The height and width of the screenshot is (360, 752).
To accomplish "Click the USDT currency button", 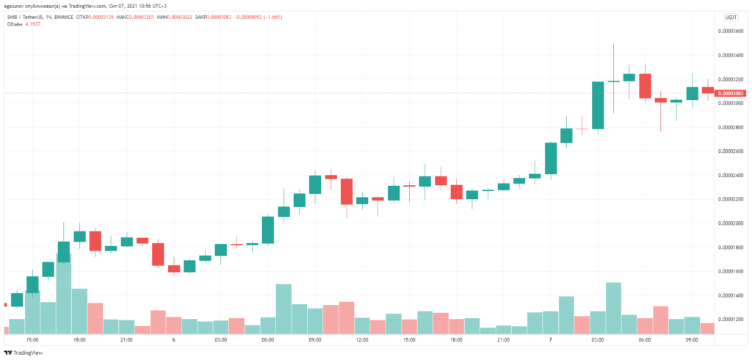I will pyautogui.click(x=731, y=16).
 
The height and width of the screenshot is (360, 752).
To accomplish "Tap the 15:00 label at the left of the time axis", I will pyautogui.click(x=32, y=340).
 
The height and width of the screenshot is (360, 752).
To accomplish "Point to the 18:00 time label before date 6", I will pyautogui.click(x=79, y=340).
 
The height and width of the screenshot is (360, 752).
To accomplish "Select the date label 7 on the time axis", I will pyautogui.click(x=551, y=340).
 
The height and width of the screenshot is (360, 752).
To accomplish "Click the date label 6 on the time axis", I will pyautogui.click(x=173, y=340).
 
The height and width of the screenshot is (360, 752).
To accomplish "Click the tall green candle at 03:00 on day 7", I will pyautogui.click(x=598, y=106).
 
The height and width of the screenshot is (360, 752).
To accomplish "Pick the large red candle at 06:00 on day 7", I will pyautogui.click(x=645, y=85).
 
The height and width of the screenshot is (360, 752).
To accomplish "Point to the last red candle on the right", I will pyautogui.click(x=708, y=90).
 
